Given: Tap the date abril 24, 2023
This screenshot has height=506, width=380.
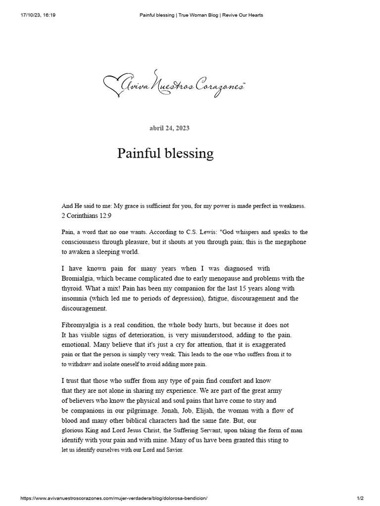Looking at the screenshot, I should tap(169, 128).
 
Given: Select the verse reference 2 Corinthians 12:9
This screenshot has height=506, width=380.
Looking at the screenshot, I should tap(87, 215).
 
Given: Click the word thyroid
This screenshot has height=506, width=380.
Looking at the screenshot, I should tap(72, 288).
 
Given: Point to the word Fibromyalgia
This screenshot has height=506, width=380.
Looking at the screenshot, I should tap(82, 325).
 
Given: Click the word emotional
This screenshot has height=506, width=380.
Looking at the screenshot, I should tap(77, 344).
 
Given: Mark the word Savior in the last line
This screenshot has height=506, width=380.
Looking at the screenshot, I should tap(173, 450).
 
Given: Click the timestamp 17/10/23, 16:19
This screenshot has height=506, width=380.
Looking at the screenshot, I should tap(38, 15).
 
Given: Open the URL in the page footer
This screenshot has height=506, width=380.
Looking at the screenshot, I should tap(113, 498).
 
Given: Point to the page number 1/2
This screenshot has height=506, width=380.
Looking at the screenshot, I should tap(360, 498).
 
